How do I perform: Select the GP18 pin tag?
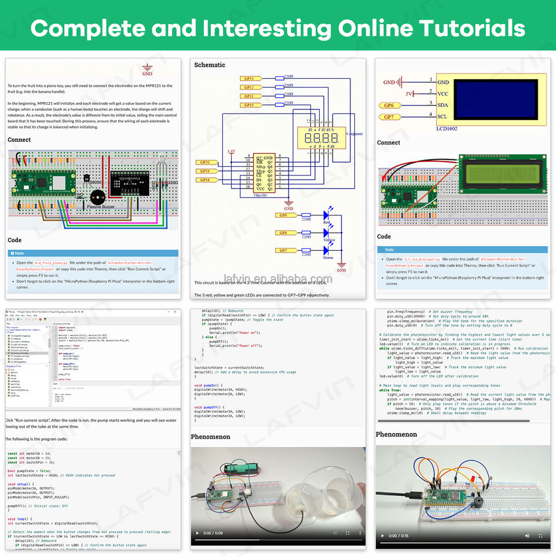205,180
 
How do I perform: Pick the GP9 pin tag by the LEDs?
283,215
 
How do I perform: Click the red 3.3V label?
231,151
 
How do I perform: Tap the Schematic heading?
210,65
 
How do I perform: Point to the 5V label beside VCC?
409,94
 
